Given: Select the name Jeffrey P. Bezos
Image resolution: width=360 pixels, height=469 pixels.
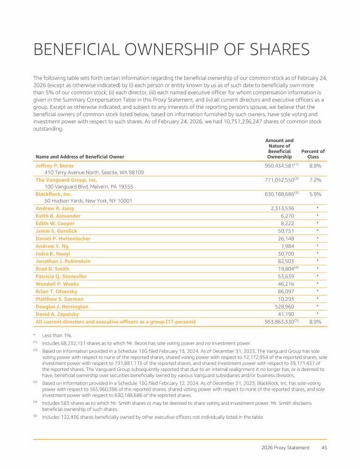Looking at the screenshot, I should pos(54,166).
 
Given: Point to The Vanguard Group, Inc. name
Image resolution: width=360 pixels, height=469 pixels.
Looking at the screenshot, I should pos(67,180).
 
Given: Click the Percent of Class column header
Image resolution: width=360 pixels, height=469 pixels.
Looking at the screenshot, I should pos(313,154).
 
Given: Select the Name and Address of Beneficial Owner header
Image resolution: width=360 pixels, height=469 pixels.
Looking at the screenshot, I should pos(80,157).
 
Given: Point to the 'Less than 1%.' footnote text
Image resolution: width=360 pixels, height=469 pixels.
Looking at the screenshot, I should pos(57,336).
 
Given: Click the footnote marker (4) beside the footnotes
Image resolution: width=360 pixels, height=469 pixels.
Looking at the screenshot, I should pos(35,402).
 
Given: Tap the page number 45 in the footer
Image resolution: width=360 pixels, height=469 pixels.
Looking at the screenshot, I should pos(324,447).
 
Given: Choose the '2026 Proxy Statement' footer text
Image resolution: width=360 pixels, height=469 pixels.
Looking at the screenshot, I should pos(285,447).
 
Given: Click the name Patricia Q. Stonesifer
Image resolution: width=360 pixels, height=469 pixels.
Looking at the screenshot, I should pos(61,276).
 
